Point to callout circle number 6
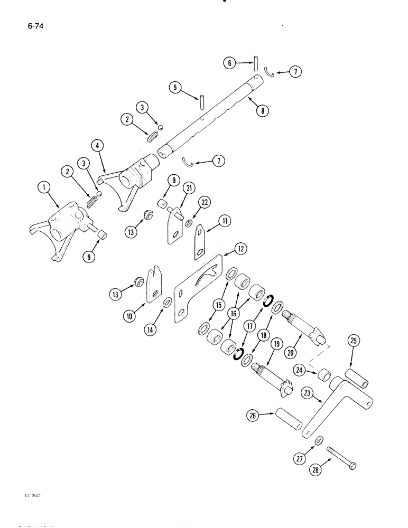(x=230, y=63)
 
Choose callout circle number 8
(x=262, y=111)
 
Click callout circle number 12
(x=241, y=248)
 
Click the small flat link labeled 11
(x=199, y=240)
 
